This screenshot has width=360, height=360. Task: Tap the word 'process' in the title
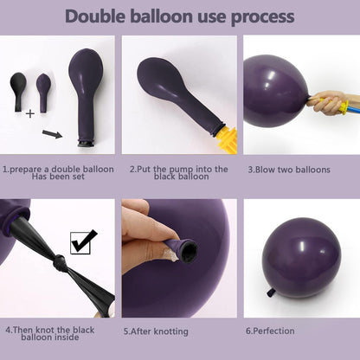[260, 16]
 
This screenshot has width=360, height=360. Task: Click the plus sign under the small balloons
[29, 113]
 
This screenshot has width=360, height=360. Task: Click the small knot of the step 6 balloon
[271, 292]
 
